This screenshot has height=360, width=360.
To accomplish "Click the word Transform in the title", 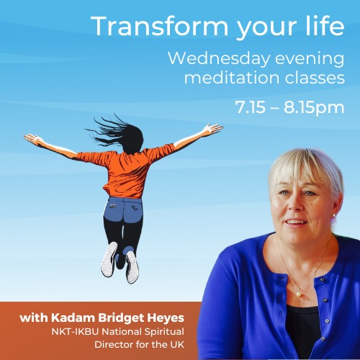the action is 159,26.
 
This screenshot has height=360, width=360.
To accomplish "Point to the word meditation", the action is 232,78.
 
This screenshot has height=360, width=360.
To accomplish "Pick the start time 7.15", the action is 250,107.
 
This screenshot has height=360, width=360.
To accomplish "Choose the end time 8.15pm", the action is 314,108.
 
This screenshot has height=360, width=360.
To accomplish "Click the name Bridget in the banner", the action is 121,318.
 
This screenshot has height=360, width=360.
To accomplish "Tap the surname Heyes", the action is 166,318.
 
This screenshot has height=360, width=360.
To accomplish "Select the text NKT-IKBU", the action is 75,332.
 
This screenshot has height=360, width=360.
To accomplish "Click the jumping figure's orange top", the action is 127,168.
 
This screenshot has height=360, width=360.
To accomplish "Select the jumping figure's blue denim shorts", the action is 123,209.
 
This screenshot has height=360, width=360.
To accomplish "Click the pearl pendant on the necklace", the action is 298,294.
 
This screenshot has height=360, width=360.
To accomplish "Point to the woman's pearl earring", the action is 333,215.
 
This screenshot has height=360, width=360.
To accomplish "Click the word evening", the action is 310,59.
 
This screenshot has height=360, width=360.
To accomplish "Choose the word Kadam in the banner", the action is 73,318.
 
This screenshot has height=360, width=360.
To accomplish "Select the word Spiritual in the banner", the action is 164,332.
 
